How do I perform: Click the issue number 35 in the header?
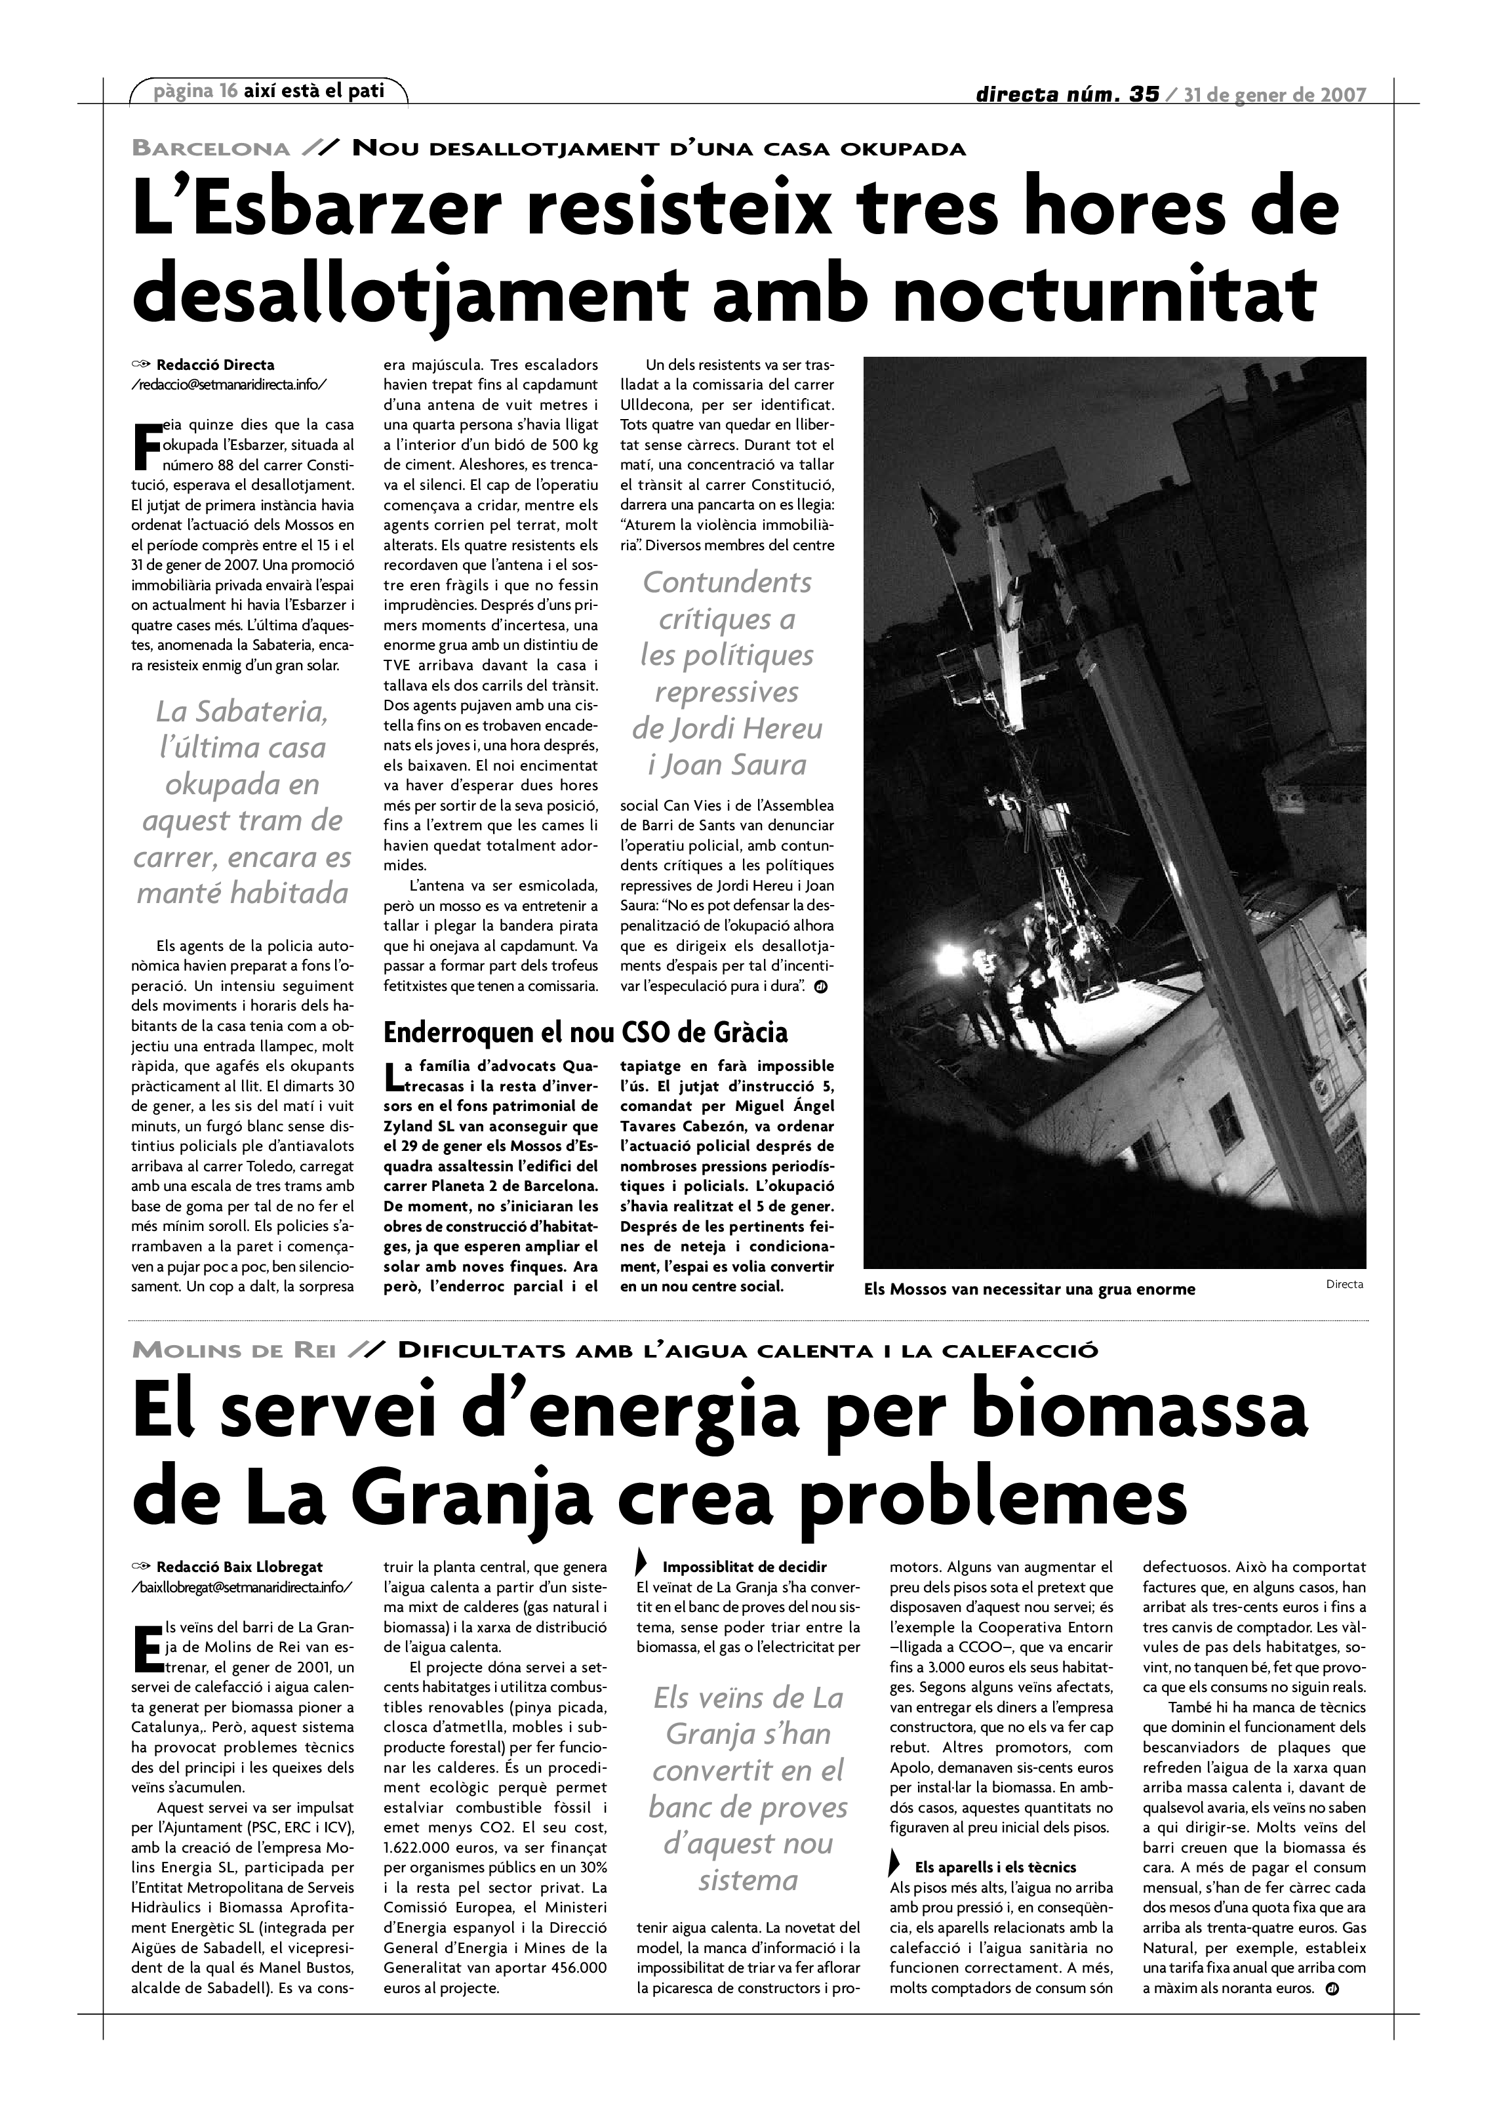click(1143, 94)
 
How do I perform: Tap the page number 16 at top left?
click(229, 91)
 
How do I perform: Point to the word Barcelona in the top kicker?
click(211, 148)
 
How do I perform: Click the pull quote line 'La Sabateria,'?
click(241, 711)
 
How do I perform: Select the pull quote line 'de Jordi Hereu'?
click(727, 729)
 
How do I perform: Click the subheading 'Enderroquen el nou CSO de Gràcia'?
click(586, 1031)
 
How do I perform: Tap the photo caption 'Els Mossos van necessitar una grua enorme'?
click(1029, 1289)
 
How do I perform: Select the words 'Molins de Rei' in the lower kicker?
click(234, 1351)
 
